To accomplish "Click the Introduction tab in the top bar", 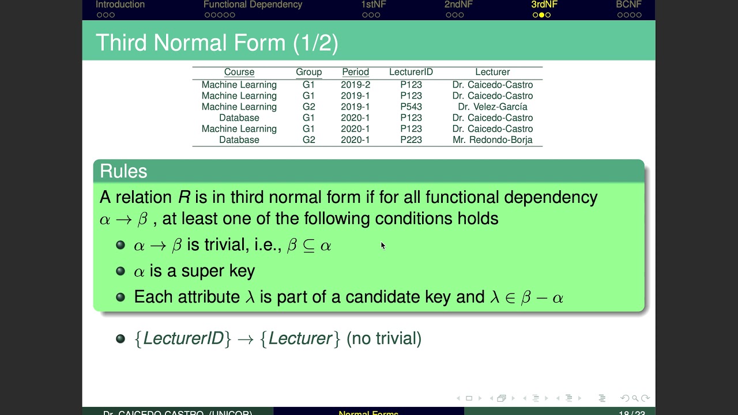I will point(120,5).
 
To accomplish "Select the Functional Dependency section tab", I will point(253,5).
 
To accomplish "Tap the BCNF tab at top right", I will point(628,5).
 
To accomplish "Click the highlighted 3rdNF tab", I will point(544,5).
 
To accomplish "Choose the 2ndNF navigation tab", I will point(458,5).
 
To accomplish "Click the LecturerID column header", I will point(411,72).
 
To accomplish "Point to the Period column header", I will point(355,72).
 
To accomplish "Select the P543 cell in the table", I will point(411,107).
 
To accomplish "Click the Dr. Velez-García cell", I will point(492,107).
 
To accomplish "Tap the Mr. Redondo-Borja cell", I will point(492,140).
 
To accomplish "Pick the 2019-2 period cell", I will point(355,85).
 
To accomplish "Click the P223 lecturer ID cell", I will point(411,140).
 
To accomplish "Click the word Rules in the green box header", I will point(123,171).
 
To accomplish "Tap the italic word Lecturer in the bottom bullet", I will point(300,338).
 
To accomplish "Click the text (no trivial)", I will point(384,338).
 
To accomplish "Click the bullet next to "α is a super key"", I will point(121,271).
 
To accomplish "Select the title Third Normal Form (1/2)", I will point(217,43).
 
